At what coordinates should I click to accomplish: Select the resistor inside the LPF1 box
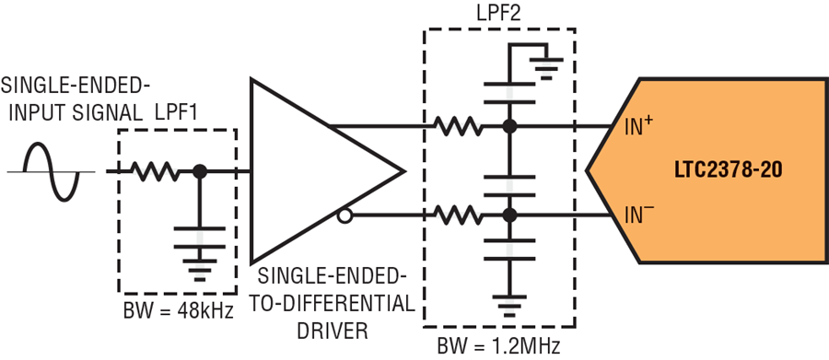[156, 171]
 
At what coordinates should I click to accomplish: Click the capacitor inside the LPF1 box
[198, 230]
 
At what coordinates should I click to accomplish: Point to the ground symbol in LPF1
[198, 266]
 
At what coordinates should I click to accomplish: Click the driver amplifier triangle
[313, 170]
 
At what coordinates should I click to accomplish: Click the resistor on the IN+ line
[457, 125]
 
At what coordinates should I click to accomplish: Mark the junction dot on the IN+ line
[507, 125]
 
